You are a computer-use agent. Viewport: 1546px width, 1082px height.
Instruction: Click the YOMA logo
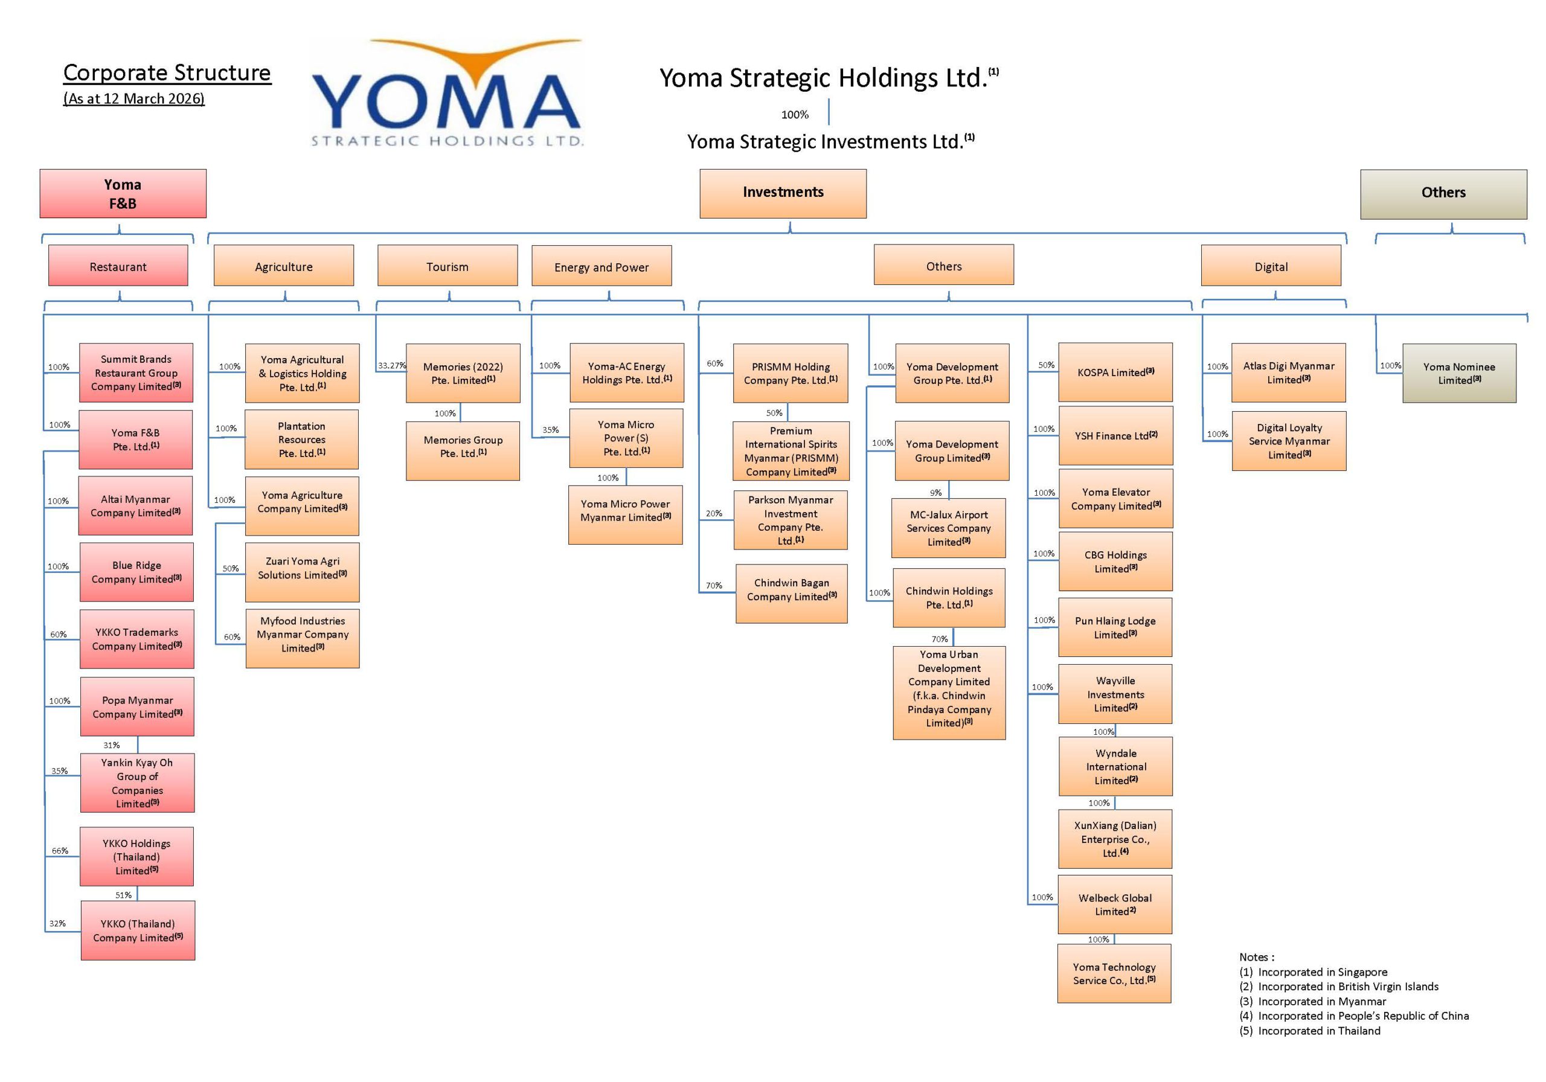[x=446, y=94]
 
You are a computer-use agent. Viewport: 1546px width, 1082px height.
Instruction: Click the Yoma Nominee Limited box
[x=1459, y=373]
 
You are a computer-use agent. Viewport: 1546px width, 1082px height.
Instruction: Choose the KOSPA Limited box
[x=1115, y=373]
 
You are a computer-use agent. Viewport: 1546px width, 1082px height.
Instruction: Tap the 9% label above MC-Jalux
[x=936, y=492]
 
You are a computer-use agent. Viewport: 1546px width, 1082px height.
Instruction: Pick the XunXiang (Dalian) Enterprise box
[x=1115, y=838]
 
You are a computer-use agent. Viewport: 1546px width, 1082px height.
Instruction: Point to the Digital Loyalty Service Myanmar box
[x=1289, y=440]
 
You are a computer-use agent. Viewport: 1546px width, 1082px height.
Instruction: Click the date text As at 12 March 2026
[x=134, y=98]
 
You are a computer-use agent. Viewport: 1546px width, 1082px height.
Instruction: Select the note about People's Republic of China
[x=1353, y=1016]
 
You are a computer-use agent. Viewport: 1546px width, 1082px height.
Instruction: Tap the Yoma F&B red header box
[x=123, y=193]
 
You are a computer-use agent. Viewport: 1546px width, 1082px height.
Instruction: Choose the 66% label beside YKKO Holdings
[x=60, y=850]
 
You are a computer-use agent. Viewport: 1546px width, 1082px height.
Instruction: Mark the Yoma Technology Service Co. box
[x=1114, y=973]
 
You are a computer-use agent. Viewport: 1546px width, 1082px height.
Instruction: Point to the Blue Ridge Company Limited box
[x=136, y=572]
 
